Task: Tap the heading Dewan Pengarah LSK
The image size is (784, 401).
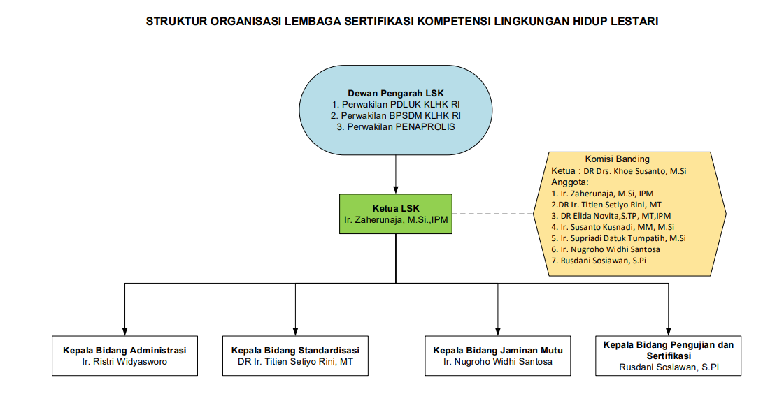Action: tap(396, 93)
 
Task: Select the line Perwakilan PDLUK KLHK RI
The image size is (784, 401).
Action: tap(396, 104)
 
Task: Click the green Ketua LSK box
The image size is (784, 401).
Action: tap(396, 214)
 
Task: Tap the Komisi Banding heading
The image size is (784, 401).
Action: tap(617, 159)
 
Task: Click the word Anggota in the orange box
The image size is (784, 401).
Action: tap(569, 182)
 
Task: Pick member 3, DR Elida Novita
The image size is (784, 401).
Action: tap(611, 216)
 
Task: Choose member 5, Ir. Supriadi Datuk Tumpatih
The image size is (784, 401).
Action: tap(618, 238)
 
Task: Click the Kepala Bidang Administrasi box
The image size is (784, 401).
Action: tap(124, 356)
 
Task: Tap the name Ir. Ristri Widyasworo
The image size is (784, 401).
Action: tap(124, 362)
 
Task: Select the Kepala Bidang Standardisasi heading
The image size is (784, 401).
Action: tap(295, 350)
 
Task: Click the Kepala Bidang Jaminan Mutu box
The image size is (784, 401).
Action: tap(497, 356)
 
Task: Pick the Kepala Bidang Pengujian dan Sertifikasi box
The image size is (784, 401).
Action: tap(668, 356)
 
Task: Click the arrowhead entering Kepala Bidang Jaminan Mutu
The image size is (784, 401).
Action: tap(497, 331)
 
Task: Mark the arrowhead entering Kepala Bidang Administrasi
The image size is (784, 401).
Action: tap(124, 331)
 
